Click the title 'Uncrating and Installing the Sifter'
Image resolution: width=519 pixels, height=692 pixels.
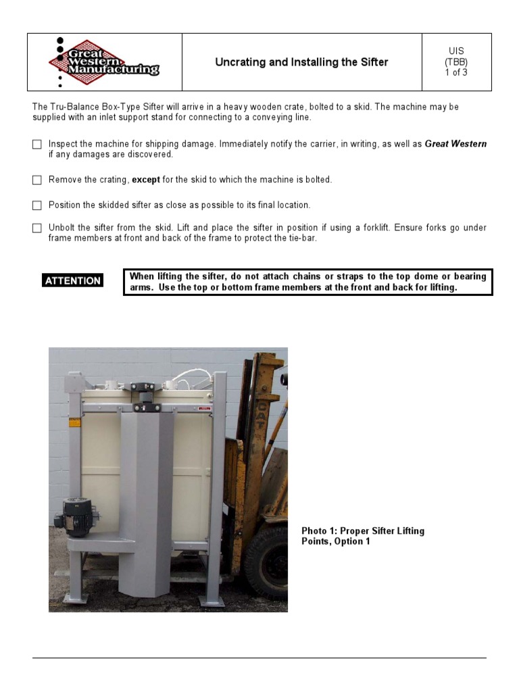point(301,62)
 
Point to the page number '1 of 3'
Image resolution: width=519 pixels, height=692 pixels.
point(456,73)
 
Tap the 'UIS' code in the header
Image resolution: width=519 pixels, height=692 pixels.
point(456,51)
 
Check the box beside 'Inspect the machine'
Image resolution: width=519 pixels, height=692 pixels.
point(37,145)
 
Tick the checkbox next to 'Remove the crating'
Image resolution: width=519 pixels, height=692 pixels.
point(37,180)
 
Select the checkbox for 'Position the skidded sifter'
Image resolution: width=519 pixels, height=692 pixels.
point(37,205)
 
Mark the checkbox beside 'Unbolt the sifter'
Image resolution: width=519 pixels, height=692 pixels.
point(37,228)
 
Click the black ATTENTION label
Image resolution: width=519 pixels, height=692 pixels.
point(73,280)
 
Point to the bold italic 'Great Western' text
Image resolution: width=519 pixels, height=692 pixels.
point(455,144)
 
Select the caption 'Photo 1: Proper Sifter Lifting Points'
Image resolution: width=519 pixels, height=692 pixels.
point(363,536)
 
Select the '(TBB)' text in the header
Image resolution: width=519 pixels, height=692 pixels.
point(456,62)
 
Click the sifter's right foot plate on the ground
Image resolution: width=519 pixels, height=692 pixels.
point(213,601)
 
